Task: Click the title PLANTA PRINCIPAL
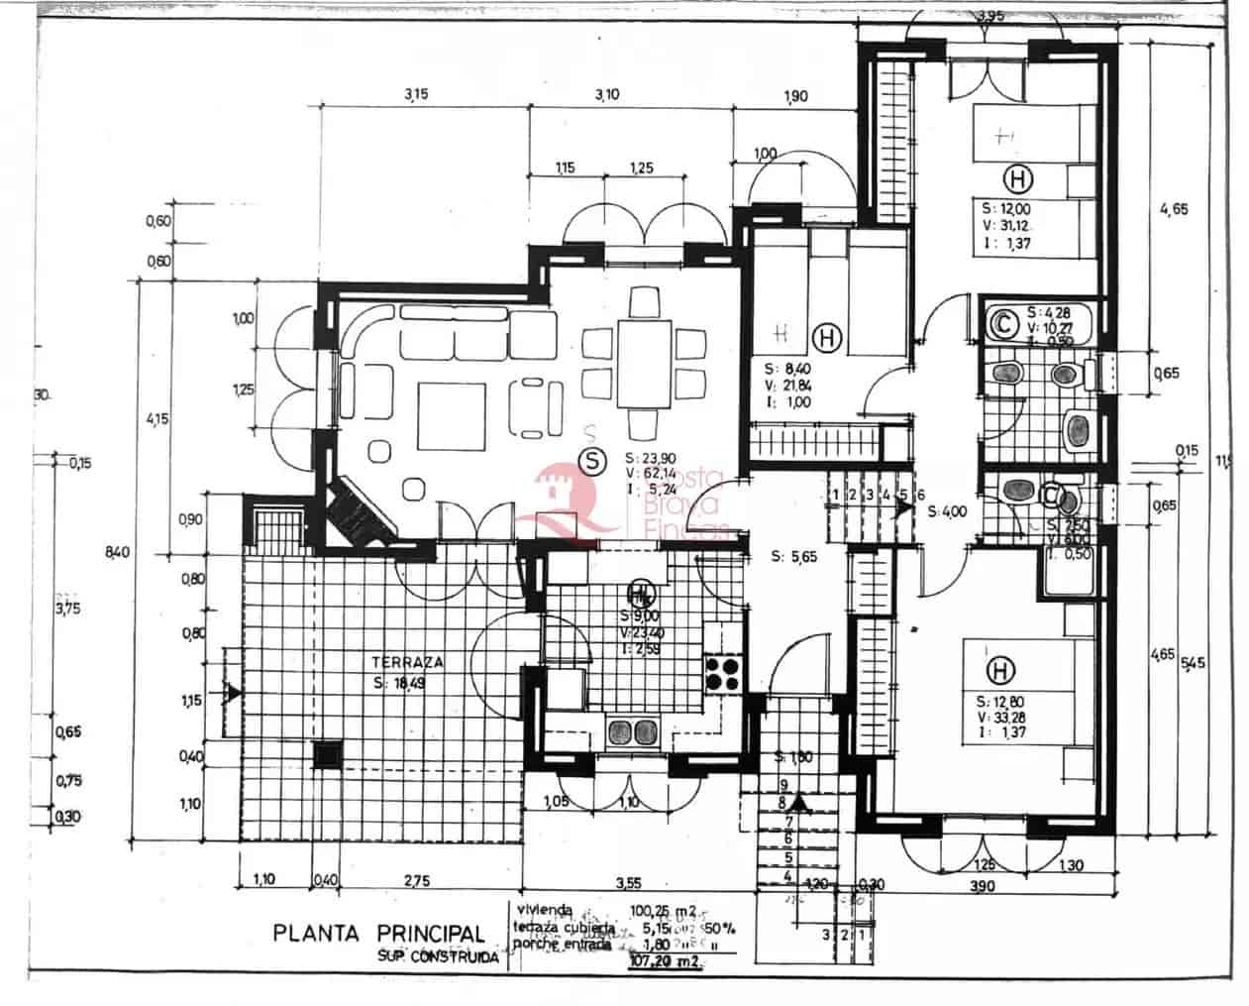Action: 379,933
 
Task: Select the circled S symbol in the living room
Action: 592,460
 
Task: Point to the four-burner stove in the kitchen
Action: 724,674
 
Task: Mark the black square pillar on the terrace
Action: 326,755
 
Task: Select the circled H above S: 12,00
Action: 1017,179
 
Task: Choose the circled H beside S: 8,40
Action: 828,338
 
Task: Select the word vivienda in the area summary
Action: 544,908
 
